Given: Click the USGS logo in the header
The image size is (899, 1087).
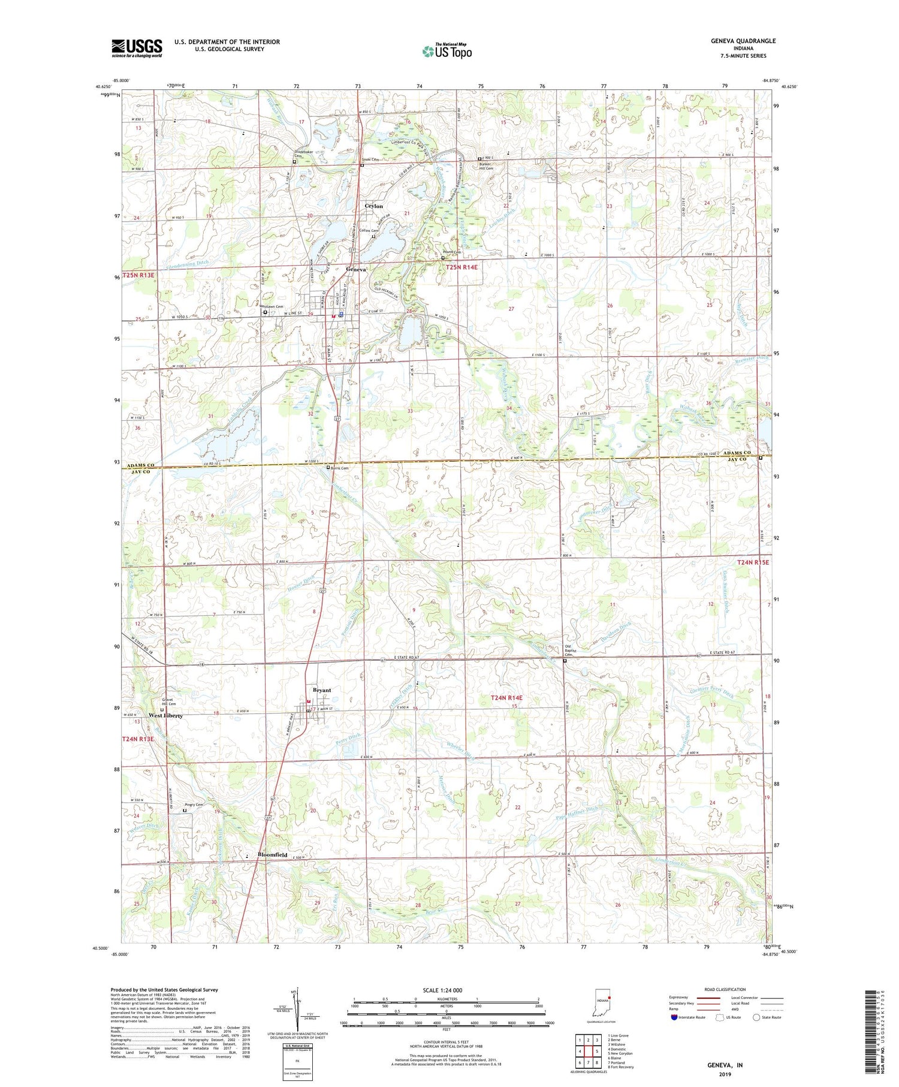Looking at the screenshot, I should [137, 48].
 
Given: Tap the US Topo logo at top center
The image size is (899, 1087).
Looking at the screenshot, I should [447, 51].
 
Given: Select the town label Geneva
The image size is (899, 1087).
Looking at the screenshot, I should [355, 269].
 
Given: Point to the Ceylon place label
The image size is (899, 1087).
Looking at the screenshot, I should [374, 206].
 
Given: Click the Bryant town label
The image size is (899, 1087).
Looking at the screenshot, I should [322, 689].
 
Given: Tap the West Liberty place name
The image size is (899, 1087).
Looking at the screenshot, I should [165, 715].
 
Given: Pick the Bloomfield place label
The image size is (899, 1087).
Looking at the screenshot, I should [273, 854].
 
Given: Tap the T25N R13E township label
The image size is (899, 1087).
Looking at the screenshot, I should [138, 275].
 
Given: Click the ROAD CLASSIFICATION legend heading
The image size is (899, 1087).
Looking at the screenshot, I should [725, 989].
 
